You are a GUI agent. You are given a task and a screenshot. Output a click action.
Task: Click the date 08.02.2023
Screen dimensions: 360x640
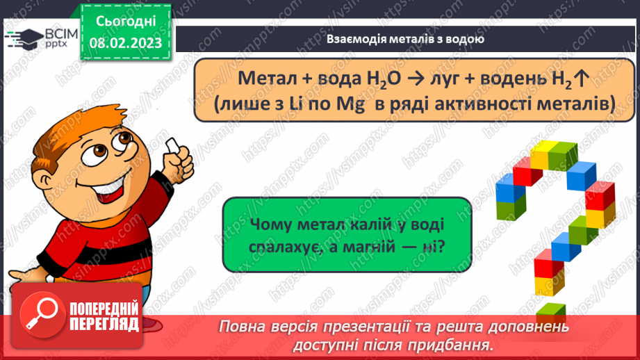[x=125, y=42]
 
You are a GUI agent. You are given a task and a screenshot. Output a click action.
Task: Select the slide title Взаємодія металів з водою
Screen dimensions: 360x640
[x=405, y=39]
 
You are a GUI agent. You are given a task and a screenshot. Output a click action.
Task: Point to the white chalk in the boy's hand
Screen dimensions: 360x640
[x=172, y=145]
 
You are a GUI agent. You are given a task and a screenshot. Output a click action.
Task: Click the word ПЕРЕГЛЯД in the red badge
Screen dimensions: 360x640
[x=104, y=324]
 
